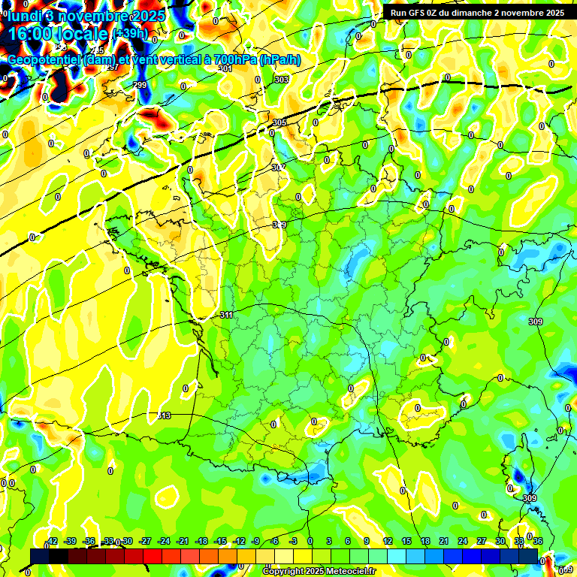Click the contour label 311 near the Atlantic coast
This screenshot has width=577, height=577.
[x=226, y=315]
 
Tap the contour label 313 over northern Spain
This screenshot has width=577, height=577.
[x=165, y=415]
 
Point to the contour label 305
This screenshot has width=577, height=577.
[x=279, y=122]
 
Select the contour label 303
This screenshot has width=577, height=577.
[x=281, y=80]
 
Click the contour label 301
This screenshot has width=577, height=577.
[x=225, y=68]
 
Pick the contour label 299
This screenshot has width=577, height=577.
[x=140, y=85]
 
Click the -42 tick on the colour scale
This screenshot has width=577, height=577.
[x=53, y=541]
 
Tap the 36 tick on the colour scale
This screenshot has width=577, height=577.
[x=538, y=541]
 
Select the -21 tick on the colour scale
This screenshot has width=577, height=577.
[x=183, y=541]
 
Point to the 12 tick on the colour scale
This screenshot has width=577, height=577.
[x=388, y=541]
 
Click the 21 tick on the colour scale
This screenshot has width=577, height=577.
[x=444, y=541]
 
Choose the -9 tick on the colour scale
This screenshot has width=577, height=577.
[x=255, y=541]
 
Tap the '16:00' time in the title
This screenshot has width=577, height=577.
[x=29, y=35]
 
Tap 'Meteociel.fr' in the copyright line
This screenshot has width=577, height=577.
[x=349, y=572]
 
